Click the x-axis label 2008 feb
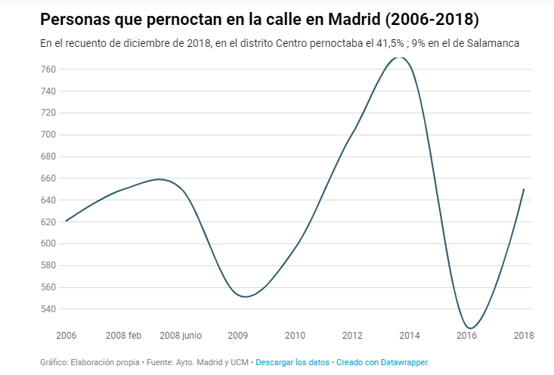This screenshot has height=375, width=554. [x=123, y=335]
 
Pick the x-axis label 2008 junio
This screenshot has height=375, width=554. [x=181, y=335]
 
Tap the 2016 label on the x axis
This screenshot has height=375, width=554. [x=466, y=335]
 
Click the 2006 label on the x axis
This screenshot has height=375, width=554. [x=67, y=335]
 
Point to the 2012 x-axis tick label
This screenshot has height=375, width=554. [x=352, y=335]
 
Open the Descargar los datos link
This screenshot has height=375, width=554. [x=292, y=362]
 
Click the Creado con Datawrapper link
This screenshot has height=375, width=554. [x=382, y=362]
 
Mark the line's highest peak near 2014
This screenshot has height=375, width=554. [x=401, y=57]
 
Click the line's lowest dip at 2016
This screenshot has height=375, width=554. [x=470, y=328]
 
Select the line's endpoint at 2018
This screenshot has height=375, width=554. [x=524, y=189]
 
